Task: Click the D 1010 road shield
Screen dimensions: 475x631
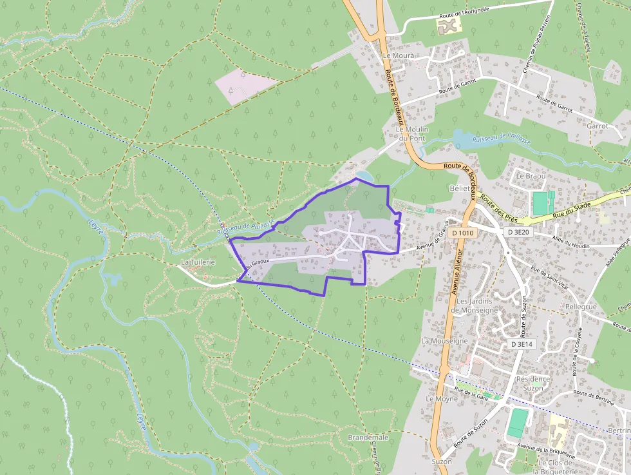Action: [462, 233]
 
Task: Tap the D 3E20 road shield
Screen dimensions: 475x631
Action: [518, 232]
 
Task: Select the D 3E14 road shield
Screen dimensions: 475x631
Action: [522, 344]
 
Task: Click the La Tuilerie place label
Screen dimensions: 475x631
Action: [196, 262]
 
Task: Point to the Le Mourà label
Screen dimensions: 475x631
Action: [399, 56]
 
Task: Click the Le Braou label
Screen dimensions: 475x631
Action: [531, 176]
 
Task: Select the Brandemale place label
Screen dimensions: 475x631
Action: [368, 437]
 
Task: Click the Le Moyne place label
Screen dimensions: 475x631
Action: [442, 399]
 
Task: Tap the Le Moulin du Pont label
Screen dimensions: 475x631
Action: [412, 134]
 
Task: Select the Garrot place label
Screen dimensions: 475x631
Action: [597, 126]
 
